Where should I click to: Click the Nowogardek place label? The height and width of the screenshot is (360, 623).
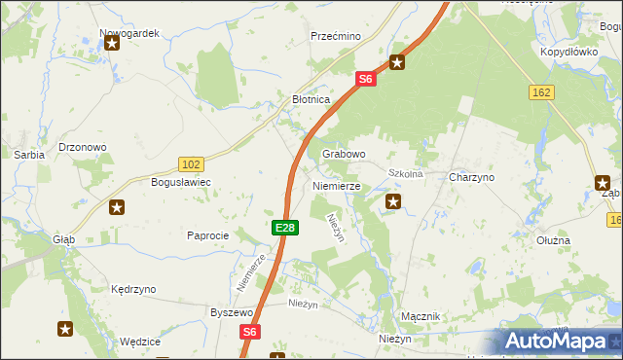click(129, 32)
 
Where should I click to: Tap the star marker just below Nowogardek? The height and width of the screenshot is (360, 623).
click(112, 43)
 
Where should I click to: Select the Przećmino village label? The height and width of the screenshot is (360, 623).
click(336, 36)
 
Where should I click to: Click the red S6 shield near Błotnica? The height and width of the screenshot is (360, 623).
click(365, 80)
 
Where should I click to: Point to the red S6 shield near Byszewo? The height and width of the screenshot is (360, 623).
click(250, 332)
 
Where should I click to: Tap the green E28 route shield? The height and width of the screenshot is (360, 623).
click(284, 228)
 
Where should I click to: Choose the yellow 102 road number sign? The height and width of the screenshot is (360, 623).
click(191, 164)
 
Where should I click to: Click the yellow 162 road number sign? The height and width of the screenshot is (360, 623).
click(542, 91)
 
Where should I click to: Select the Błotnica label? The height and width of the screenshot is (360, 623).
click(312, 99)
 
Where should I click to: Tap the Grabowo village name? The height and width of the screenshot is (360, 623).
click(344, 154)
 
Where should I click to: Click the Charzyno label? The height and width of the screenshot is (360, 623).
click(472, 178)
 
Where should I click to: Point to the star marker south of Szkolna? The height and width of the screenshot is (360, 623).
click(393, 202)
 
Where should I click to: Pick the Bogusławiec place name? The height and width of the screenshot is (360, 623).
click(180, 182)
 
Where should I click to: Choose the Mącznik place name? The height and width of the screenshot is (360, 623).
click(421, 317)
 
